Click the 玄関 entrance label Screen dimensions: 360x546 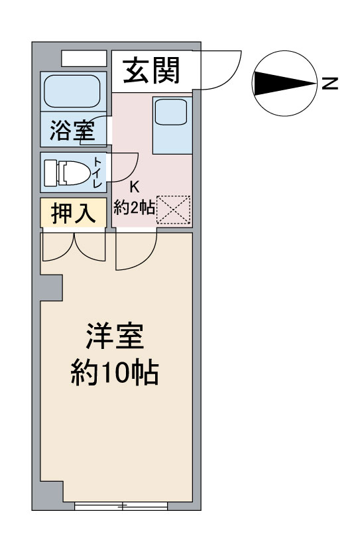click(151, 71)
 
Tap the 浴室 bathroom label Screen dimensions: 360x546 click(72, 130)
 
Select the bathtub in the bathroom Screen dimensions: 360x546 click(72, 92)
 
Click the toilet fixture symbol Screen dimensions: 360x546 click(67, 172)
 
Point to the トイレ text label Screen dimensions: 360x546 click(97, 172)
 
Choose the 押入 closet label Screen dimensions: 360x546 click(73, 213)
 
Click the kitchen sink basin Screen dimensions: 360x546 click(171, 112)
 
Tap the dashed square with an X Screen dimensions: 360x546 click(174, 210)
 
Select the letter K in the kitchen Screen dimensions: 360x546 click(135, 187)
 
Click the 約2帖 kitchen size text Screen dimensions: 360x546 click(135, 208)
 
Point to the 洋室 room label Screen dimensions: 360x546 click(115, 336)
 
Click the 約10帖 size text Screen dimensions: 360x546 click(115, 372)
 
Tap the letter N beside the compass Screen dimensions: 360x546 click(330, 83)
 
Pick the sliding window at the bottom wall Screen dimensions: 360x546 click(121, 506)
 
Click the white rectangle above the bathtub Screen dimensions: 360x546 click(84, 58)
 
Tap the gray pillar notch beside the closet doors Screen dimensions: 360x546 click(52, 288)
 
